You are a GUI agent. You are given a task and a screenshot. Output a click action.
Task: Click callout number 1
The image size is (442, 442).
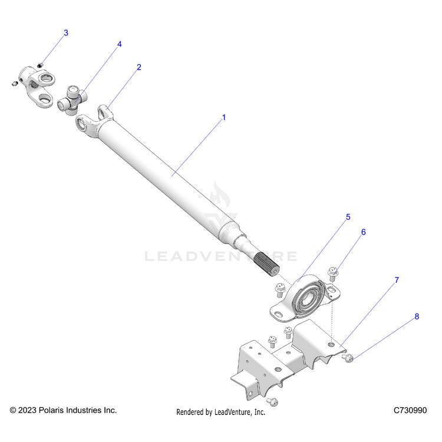click(223, 117)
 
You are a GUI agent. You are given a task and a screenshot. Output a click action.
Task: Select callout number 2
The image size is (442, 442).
click(138, 67)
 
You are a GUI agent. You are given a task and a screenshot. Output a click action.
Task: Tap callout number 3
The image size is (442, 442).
click(65, 33)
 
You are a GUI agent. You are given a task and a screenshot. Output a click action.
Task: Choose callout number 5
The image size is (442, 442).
click(348, 217)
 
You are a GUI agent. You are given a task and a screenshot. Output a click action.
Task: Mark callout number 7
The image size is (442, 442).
click(397, 281)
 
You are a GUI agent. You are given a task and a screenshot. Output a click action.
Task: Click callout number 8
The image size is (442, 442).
click(417, 316)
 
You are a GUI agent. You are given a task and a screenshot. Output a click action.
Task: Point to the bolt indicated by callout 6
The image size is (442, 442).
click(332, 273)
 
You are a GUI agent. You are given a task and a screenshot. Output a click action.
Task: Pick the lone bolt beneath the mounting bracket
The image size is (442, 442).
click(273, 401)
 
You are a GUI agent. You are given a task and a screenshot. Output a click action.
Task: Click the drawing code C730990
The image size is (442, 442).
click(411, 410)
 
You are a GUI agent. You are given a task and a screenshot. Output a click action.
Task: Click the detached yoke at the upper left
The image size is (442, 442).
click(37, 85)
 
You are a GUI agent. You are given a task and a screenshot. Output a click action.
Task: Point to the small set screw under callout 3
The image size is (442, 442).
click(40, 64)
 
